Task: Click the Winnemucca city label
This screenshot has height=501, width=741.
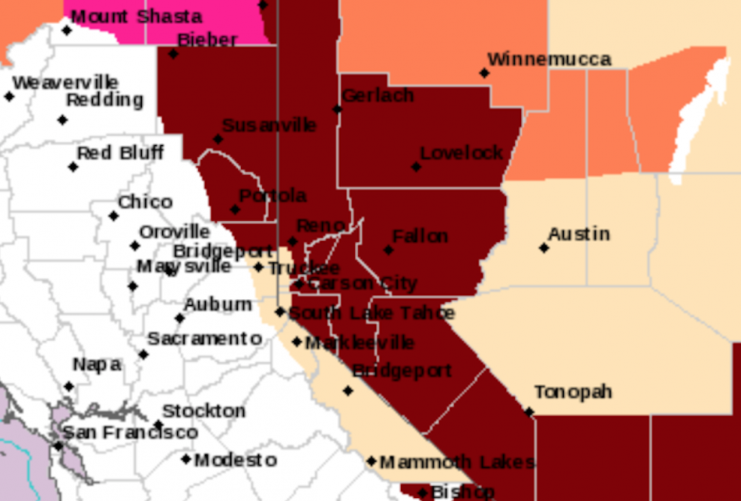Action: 549,59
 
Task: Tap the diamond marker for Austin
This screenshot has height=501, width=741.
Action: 544,248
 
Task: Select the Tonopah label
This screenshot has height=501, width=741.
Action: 573,392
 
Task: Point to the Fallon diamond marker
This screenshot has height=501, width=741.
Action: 388,250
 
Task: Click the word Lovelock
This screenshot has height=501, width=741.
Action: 462,153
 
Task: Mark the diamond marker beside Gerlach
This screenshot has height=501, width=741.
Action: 338,108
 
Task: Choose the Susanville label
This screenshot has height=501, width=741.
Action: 269,125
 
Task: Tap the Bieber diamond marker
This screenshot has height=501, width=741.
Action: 173,54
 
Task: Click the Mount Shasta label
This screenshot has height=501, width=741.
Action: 136,16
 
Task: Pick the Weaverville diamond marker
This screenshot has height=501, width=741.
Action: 9,97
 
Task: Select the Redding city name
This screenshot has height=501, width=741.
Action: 105,100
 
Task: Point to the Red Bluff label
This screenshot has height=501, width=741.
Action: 120,153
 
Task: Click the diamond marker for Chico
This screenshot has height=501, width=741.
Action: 114,216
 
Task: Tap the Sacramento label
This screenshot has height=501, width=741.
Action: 204,339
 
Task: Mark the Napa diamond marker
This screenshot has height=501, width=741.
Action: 69,386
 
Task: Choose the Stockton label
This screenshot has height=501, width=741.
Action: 204,410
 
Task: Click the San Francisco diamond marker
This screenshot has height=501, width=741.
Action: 58,446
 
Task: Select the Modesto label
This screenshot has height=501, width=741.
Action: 236,460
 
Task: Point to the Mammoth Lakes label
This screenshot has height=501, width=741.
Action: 457,462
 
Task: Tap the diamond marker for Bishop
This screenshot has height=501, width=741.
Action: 422,493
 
